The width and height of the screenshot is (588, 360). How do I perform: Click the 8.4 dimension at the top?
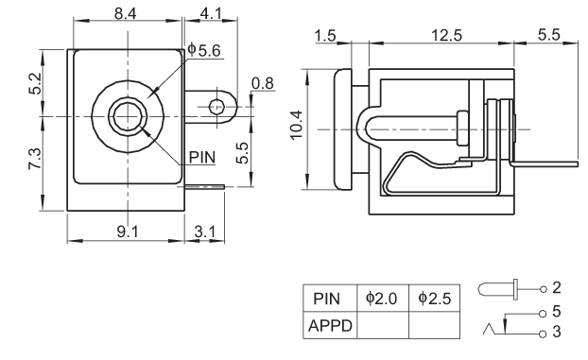point(125,13)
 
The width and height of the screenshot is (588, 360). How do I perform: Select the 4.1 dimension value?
point(211,13)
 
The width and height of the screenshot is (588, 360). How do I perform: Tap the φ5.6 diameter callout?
point(204,49)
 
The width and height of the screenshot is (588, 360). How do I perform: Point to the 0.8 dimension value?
point(263,83)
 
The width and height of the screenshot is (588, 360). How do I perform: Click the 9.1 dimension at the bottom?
point(128,231)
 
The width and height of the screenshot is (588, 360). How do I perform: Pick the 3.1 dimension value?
point(205,231)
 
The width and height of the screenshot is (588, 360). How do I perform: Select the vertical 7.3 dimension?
point(35,159)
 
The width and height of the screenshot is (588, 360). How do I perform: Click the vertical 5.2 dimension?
point(36,83)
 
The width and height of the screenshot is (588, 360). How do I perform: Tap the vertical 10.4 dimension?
point(296,125)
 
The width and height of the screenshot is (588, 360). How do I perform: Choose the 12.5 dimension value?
point(446,35)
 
